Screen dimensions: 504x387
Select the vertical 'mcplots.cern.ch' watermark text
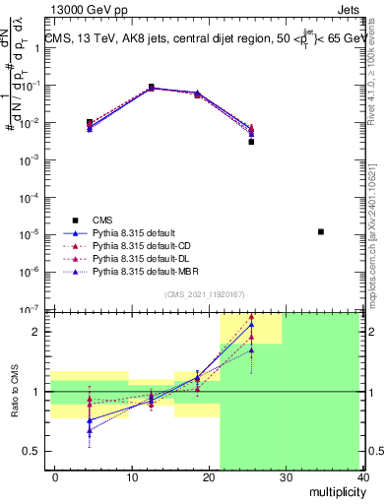pos(375,236)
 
